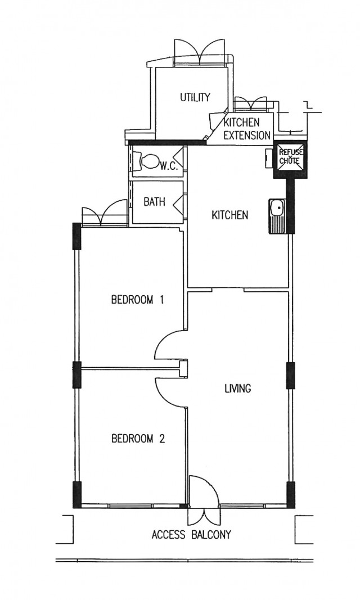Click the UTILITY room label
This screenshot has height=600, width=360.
coord(195,97)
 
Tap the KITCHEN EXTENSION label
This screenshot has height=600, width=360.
coord(247,129)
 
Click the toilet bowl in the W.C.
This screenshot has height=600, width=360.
coord(149,162)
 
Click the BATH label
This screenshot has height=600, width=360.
coord(155,202)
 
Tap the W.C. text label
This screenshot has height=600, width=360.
coord(168,166)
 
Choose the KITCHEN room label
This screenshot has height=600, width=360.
coord(230,215)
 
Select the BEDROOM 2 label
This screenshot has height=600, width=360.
coord(138,439)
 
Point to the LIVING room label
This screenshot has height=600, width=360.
coord(237,389)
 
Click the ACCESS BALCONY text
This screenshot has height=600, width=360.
coord(191,535)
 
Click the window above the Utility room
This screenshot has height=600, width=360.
coord(199,52)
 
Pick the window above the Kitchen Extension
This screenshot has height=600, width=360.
coord(250,102)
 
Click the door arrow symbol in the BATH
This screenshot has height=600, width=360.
coord(178,202)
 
